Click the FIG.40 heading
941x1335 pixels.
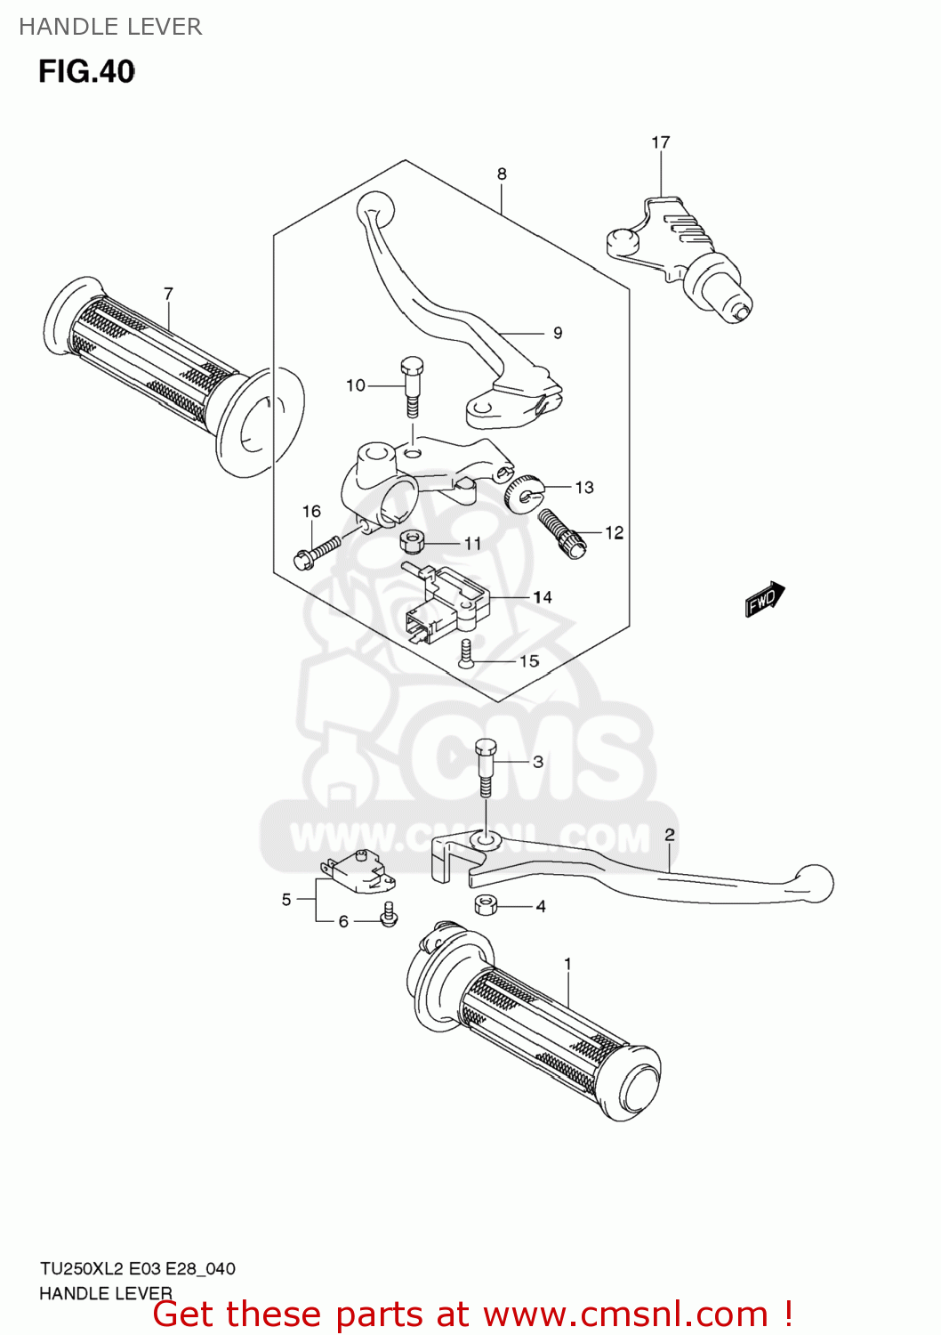[x=86, y=71]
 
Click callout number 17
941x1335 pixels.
[x=660, y=142]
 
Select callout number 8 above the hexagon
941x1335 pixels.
[x=502, y=174]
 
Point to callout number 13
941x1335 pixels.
[x=584, y=487]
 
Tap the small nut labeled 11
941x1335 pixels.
[x=413, y=540]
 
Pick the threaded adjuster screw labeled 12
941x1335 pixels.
[x=561, y=531]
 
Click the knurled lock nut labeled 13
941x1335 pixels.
[x=524, y=492]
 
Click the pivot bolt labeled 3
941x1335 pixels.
[x=486, y=766]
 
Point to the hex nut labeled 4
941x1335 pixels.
[x=486, y=905]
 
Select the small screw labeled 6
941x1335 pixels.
[x=389, y=914]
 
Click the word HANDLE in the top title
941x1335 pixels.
[x=56, y=27]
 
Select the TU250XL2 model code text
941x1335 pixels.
[x=81, y=1268]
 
